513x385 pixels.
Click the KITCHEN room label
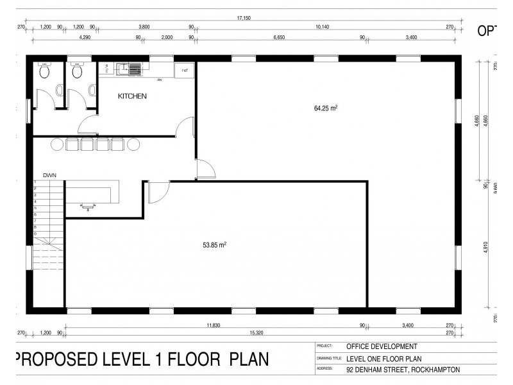tap(132, 96)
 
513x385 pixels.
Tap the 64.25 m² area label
tap(325, 108)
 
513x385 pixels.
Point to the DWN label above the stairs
tap(50, 175)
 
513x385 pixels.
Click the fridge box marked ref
tap(185, 70)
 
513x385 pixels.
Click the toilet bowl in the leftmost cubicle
tap(44, 73)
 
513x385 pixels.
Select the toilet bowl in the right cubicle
tap(77, 73)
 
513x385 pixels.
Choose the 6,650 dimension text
tap(279, 38)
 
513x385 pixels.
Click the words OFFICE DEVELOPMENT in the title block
tap(381, 346)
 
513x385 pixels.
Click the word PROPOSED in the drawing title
tap(62, 359)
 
